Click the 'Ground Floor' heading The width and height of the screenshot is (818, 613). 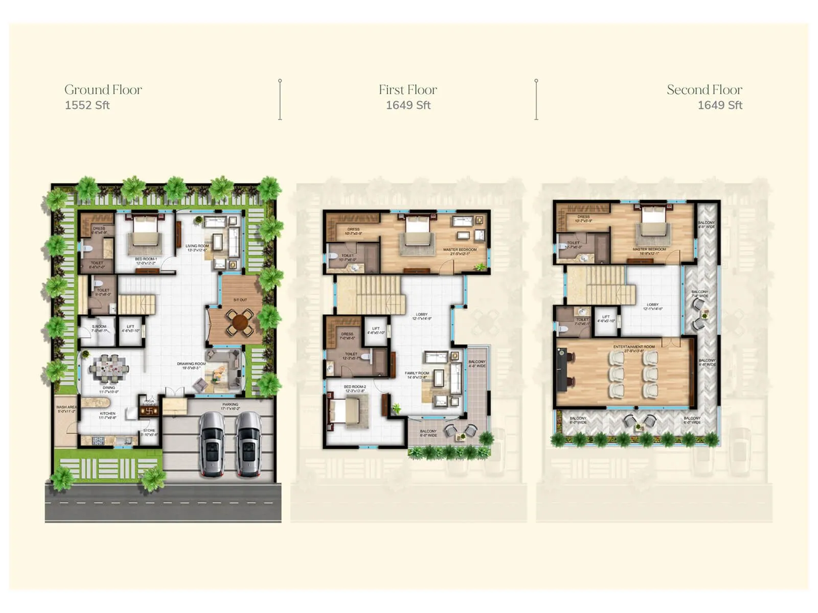pyautogui.click(x=103, y=90)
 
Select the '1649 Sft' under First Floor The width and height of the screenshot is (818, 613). pyautogui.click(x=408, y=105)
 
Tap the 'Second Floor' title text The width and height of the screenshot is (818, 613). pyautogui.click(x=704, y=90)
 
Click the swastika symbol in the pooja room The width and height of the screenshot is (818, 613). pyautogui.click(x=150, y=410)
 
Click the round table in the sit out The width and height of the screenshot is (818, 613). pyautogui.click(x=239, y=323)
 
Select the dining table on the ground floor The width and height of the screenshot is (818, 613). pyautogui.click(x=108, y=367)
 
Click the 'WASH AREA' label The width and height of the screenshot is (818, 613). pyautogui.click(x=66, y=409)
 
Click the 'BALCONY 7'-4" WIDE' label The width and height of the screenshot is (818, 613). pyautogui.click(x=699, y=294)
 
